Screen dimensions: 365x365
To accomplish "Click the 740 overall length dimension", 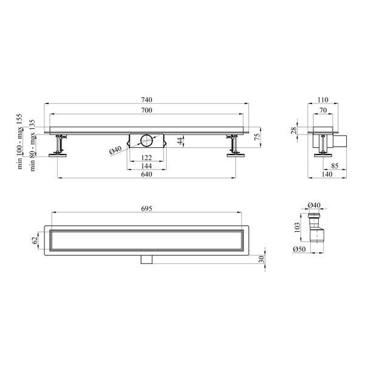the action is (x=147, y=100).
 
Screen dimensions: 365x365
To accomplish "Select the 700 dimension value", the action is (x=147, y=110).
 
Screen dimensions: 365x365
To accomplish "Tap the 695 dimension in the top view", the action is (x=147, y=209).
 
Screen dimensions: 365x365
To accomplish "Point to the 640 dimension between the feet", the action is (x=147, y=174).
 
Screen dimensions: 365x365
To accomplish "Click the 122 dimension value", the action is (x=147, y=158).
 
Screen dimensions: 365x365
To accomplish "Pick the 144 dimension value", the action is (x=147, y=166).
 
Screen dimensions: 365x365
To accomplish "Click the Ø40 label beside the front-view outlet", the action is (x=116, y=150).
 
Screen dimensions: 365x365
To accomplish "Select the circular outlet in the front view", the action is (x=147, y=141).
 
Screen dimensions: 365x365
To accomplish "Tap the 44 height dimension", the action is (x=181, y=141).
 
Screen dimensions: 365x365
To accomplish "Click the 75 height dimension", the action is (x=257, y=137).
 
